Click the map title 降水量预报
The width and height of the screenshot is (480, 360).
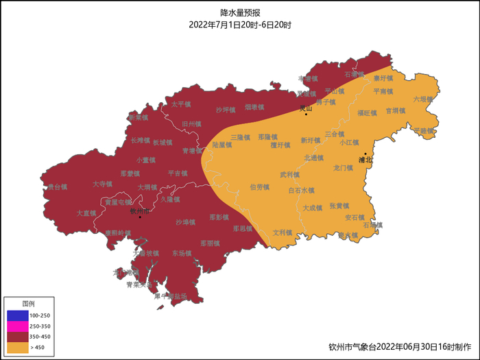coord(240,13)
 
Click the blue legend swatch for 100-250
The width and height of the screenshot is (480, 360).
coord(17,315)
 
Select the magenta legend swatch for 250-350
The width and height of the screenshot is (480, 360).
coord(17,326)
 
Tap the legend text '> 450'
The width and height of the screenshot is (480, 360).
coord(42,348)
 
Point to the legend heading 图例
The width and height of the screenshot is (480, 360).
coord(28,303)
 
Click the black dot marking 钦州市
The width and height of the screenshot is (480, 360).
coord(140,217)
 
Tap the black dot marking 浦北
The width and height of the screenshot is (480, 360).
coord(365,154)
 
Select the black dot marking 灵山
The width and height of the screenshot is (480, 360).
coord(306,114)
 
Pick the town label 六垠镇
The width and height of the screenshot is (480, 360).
coord(423,99)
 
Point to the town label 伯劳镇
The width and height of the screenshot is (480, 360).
coord(259,187)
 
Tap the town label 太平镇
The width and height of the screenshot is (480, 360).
coord(181,104)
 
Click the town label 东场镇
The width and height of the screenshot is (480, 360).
coord(182,253)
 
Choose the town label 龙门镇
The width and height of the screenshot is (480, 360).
coord(343,167)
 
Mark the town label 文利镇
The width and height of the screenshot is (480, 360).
coord(283,232)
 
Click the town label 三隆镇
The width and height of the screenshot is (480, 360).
coord(240,137)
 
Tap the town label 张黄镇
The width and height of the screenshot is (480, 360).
coord(339,206)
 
